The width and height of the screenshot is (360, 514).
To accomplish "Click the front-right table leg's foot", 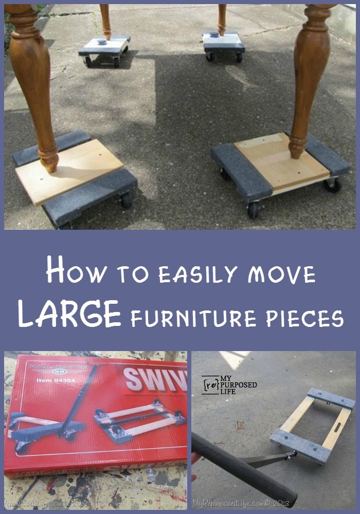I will [297, 149].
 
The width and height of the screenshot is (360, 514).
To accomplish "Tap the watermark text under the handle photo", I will [237, 503].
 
